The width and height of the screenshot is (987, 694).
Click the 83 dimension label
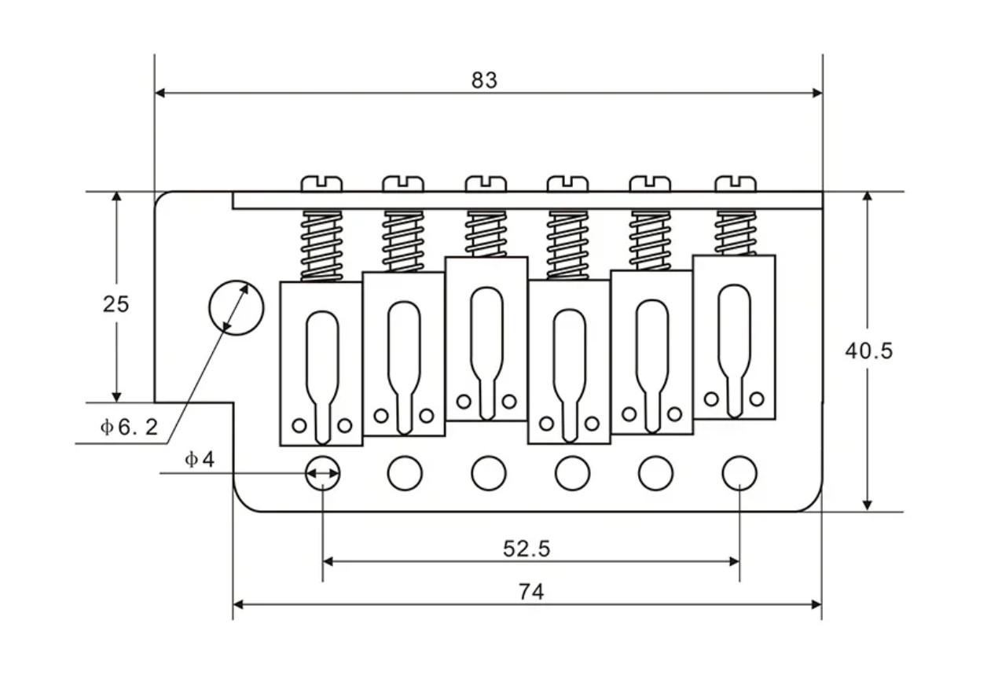[484, 80]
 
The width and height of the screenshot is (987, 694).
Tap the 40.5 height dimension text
[868, 351]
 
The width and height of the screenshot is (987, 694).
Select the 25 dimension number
[116, 304]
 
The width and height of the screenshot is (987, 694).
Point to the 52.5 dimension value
[527, 549]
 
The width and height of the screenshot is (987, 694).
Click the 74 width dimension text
[531, 592]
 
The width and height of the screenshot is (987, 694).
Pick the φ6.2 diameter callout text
[129, 427]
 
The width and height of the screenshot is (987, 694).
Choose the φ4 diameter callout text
[200, 460]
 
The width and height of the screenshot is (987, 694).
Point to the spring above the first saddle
[321, 246]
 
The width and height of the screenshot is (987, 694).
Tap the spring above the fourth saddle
[567, 245]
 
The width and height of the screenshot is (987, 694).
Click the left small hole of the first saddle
[299, 426]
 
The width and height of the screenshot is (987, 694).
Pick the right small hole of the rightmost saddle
[757, 399]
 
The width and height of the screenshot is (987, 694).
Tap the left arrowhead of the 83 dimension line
[160, 93]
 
